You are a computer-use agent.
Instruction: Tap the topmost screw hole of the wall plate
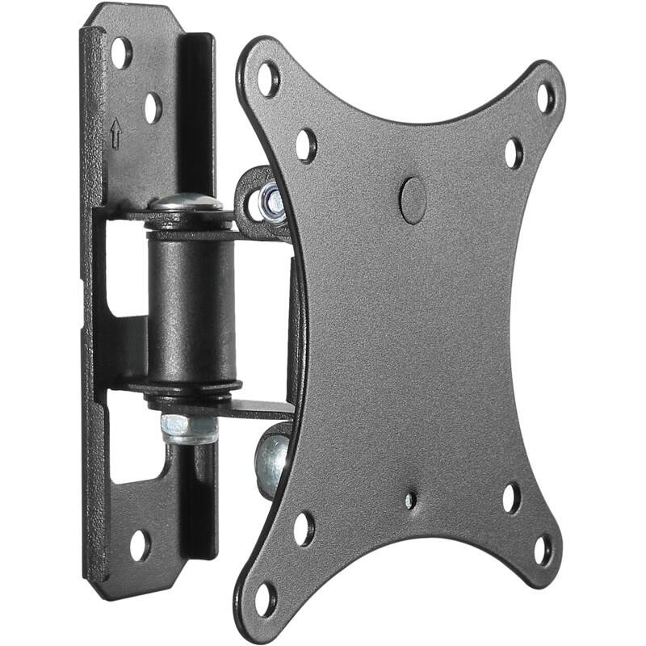click(x=121, y=52)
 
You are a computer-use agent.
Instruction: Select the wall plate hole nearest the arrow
click(x=153, y=107)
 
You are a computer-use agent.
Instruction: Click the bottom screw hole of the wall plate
click(x=140, y=545)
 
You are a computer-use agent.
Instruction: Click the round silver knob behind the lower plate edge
click(x=273, y=462)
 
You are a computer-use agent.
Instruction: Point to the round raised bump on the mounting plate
click(x=413, y=200)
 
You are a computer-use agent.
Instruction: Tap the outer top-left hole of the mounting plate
click(x=268, y=78)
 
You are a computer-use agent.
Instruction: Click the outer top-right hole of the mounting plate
click(x=547, y=97)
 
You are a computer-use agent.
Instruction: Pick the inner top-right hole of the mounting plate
click(x=514, y=153)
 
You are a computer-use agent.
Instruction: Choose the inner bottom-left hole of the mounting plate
click(x=304, y=528)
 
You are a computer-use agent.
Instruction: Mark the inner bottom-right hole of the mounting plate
click(x=511, y=498)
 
